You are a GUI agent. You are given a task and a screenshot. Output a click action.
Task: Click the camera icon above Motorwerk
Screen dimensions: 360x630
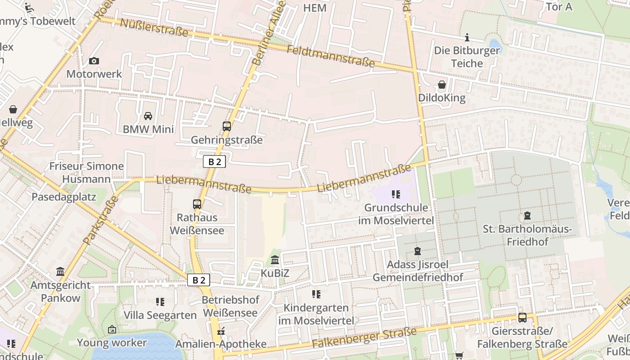94,61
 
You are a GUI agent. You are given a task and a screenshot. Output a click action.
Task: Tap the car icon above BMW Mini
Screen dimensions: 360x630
148,116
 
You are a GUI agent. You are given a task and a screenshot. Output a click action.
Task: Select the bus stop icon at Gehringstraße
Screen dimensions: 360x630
227,126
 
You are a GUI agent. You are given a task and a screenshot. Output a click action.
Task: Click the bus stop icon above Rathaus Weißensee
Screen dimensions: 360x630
197,204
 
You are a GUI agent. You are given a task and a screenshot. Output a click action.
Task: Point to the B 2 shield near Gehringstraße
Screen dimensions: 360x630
214,162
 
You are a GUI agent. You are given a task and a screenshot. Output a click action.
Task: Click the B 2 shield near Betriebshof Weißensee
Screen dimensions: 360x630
198,280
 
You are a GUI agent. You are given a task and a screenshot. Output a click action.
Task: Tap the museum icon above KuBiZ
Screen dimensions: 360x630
275,260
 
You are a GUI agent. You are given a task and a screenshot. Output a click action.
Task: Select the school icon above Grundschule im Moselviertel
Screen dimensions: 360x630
396,194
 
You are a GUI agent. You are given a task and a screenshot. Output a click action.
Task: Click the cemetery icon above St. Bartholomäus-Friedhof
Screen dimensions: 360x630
527,216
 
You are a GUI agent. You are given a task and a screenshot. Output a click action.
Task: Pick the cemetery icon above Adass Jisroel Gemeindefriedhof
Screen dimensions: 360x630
418,251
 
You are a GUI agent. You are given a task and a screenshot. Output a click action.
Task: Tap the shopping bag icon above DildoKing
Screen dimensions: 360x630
442,85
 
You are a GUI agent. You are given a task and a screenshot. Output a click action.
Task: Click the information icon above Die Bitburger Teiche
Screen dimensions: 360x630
467,37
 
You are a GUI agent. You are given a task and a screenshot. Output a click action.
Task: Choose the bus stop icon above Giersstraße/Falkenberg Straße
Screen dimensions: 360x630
522,318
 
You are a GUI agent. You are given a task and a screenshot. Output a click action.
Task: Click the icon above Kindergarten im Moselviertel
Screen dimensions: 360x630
316,294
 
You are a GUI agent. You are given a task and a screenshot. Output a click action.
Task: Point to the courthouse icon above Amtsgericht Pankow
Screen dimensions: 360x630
60,271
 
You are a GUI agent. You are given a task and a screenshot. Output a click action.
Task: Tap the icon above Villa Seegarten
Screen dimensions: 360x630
160,301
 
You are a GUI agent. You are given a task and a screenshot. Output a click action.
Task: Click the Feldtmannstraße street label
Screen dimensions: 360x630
330,56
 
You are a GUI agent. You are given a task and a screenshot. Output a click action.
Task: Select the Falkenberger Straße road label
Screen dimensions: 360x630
364,339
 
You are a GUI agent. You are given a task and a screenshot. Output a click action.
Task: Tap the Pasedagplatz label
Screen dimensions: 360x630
64,197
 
